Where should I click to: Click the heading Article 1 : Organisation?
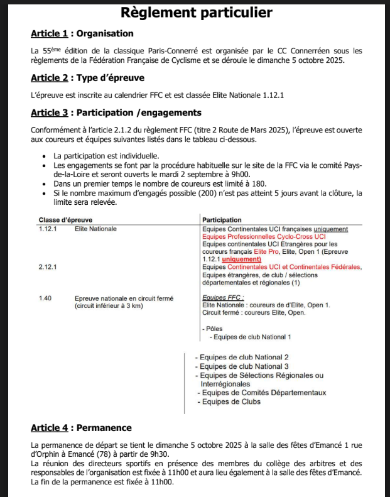pos(82,33)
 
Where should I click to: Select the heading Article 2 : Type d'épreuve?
pos(87,78)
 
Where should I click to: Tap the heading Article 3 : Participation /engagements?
pos(116,112)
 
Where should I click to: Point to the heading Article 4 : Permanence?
pos(81,428)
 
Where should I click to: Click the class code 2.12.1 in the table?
pos(48,267)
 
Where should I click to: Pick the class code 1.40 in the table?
pos(45,298)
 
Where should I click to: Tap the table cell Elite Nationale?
pos(95,229)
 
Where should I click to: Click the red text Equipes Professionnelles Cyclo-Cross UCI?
pos(264,236)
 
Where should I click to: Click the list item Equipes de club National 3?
pos(242,366)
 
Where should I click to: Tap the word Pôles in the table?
pos(214,329)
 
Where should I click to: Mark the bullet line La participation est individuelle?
pos(103,156)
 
